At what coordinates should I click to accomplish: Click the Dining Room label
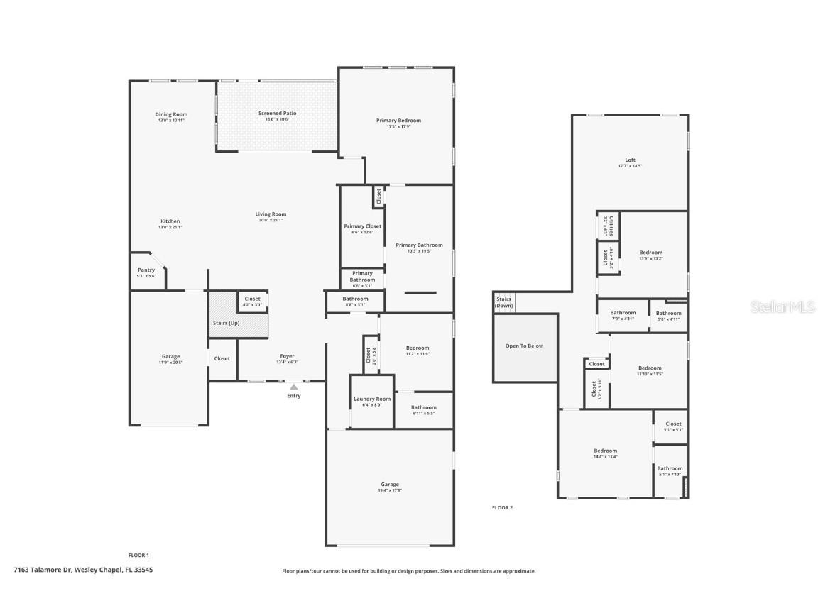tap(171, 115)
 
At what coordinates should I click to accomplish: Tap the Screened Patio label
tap(277, 114)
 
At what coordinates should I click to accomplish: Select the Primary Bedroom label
tap(398, 121)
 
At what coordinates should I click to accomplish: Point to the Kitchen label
tap(170, 221)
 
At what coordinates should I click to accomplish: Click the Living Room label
tap(271, 214)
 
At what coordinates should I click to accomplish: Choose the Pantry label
tap(146, 270)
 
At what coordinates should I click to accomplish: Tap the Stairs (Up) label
tap(226, 323)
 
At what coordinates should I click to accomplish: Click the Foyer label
tap(287, 356)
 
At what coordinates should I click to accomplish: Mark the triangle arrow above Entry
tap(293, 387)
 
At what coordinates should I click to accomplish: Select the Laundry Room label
tap(372, 399)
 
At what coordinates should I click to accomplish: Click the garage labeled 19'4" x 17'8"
tap(390, 485)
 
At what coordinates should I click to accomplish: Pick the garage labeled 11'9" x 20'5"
tap(170, 357)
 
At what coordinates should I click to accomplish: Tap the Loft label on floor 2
tap(630, 160)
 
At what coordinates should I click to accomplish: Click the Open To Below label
tap(524, 346)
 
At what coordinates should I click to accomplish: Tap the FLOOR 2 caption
tap(502, 507)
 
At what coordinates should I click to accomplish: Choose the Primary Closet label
tap(362, 226)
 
